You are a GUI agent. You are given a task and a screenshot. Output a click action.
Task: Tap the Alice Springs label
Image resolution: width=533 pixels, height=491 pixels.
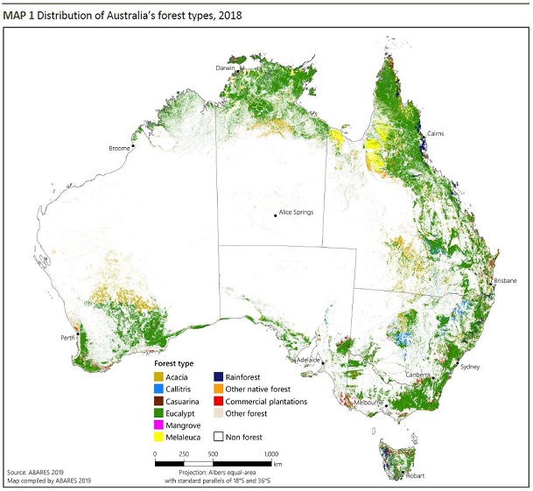(296, 212)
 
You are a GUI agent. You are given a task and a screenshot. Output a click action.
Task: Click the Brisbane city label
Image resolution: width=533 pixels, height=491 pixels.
(505, 280)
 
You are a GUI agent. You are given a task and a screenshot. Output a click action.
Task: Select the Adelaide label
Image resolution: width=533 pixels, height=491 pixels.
(308, 360)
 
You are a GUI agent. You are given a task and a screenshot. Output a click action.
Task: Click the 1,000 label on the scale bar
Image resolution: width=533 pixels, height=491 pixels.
(271, 454)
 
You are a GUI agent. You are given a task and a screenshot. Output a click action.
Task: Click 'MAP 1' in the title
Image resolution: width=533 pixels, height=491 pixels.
(20, 16)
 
